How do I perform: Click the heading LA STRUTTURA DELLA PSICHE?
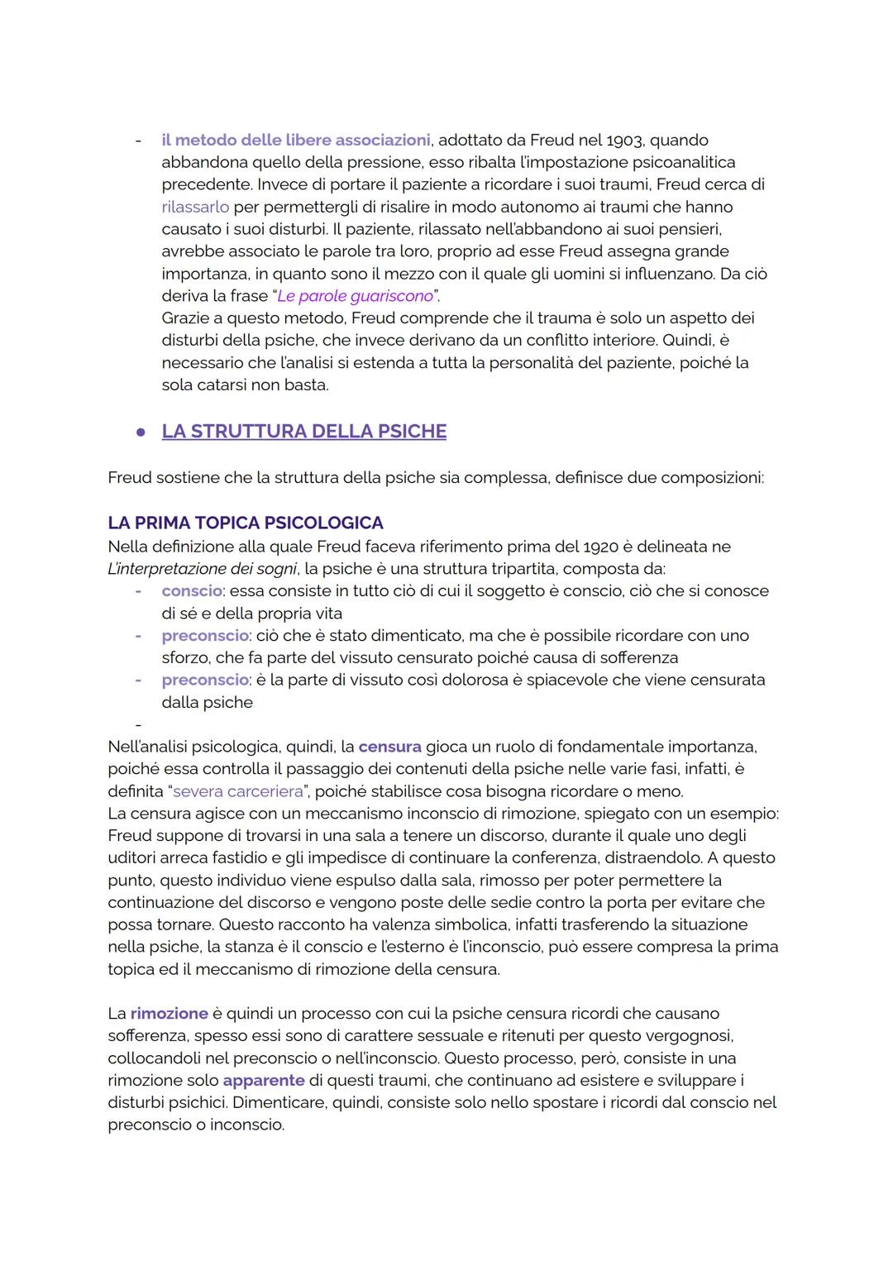(303, 432)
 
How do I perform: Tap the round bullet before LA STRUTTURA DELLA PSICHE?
(141, 432)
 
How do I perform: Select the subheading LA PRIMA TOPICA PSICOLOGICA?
(246, 523)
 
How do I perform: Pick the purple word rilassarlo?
(195, 207)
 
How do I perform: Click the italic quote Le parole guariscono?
(355, 296)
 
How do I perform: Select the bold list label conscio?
(191, 591)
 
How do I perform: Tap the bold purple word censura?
(389, 747)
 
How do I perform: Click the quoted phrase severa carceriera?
(238, 791)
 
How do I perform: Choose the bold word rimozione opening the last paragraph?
(169, 1014)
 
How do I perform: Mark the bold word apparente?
(264, 1081)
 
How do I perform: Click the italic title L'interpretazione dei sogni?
(203, 569)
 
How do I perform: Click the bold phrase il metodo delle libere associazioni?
(296, 141)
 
